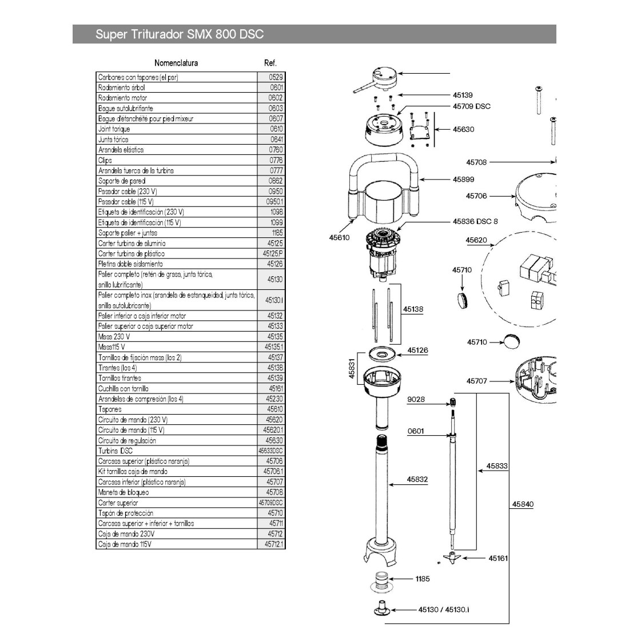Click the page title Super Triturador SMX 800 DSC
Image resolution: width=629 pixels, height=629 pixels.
[x=180, y=34]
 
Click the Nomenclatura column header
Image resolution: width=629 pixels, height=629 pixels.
[x=176, y=63]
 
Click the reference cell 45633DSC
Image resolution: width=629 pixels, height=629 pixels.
[x=270, y=451]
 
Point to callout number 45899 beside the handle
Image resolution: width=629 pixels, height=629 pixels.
[x=463, y=180]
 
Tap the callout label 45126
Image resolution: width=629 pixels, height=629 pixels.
[x=417, y=351]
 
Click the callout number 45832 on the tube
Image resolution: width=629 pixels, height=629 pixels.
[x=417, y=480]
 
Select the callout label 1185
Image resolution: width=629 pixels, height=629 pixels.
[x=422, y=579]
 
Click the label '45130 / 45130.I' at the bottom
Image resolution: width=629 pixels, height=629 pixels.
[x=444, y=610]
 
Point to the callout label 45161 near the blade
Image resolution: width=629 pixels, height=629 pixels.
[x=498, y=558]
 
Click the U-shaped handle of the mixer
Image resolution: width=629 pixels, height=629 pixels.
[x=381, y=166]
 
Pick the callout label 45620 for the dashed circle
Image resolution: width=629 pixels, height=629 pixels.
[x=476, y=240]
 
